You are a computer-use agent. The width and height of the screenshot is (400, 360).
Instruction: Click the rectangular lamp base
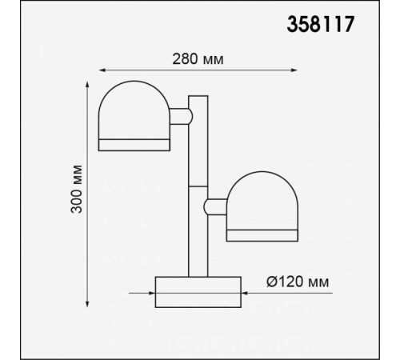198,290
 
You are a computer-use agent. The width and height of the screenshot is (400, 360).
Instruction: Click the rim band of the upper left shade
134,144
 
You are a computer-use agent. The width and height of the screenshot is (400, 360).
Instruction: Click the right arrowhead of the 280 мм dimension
294,70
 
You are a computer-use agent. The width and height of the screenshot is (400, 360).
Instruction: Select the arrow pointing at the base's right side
247,291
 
